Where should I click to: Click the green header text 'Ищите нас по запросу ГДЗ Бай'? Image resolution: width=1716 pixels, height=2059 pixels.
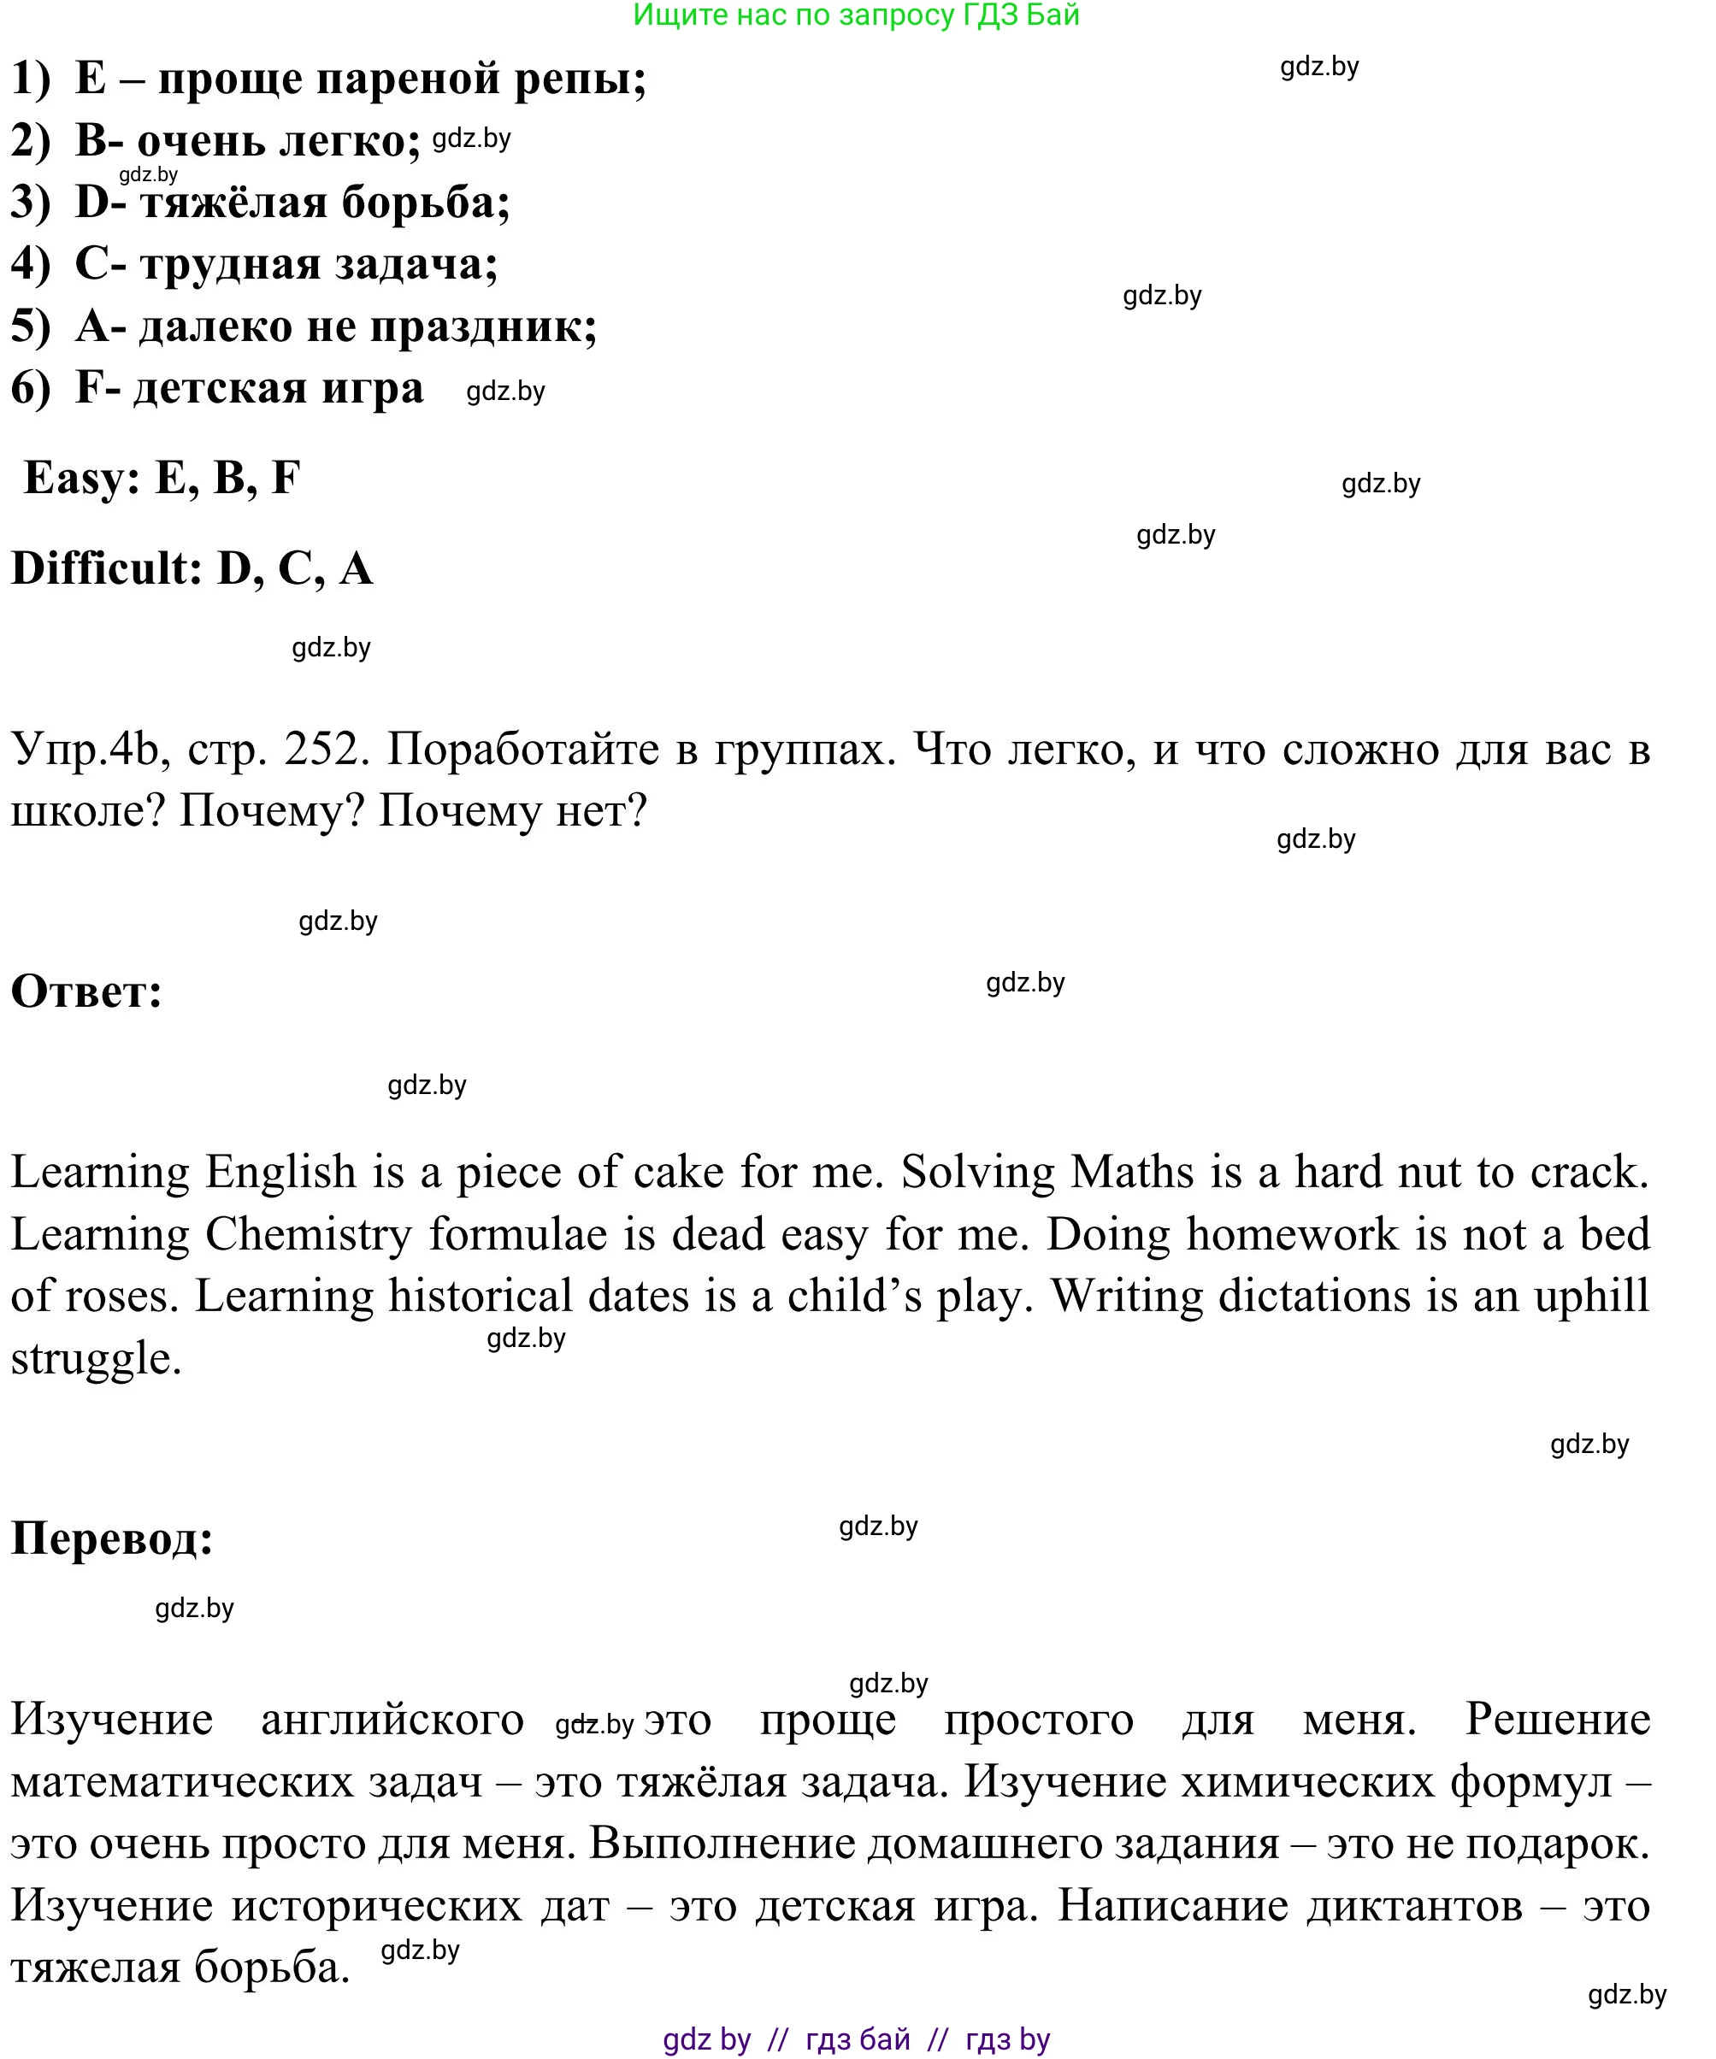(x=855, y=15)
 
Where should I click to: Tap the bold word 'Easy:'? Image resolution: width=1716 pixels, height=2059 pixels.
(x=81, y=479)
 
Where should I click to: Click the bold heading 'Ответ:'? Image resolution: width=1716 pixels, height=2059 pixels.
(x=86, y=992)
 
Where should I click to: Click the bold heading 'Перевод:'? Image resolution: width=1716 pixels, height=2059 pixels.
(x=112, y=1538)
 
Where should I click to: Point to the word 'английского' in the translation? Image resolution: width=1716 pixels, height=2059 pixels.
(x=392, y=1720)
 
